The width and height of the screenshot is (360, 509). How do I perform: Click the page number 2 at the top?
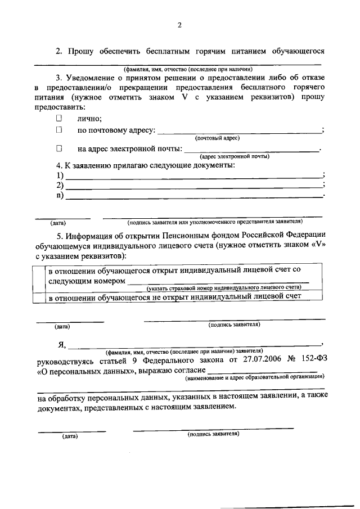click(179, 25)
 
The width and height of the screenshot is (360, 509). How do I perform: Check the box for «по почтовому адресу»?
click(58, 130)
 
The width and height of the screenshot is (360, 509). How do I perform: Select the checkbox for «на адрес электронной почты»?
click(58, 149)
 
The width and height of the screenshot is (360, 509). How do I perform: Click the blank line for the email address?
click(251, 150)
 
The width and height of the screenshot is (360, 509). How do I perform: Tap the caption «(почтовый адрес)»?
click(217, 138)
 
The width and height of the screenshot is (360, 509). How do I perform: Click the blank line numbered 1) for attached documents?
click(194, 176)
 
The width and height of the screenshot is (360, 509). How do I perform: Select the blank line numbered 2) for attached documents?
click(194, 186)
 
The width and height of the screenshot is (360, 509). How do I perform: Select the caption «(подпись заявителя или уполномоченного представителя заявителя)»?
click(215, 222)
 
